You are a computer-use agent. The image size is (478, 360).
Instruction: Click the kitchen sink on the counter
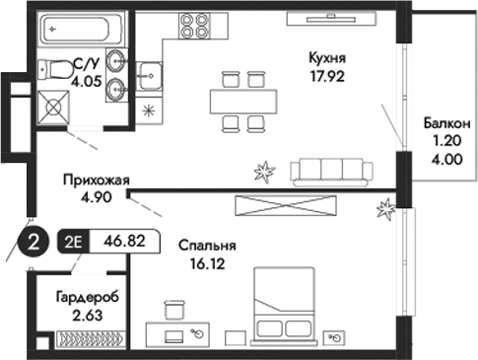(x=151, y=71)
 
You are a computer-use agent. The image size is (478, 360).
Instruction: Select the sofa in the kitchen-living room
(x=331, y=170)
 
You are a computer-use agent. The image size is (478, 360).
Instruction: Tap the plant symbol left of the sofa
(x=264, y=174)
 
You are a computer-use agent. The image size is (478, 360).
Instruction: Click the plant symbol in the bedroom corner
(x=386, y=209)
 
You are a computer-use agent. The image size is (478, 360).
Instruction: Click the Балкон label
(x=445, y=123)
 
